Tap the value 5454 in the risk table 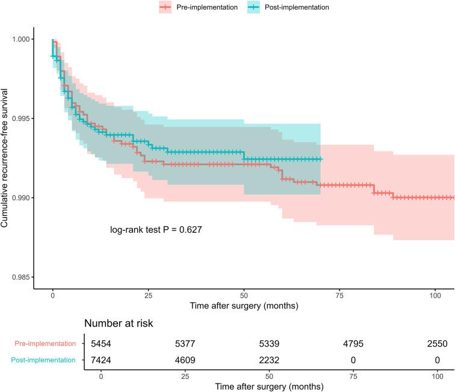click(102, 344)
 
